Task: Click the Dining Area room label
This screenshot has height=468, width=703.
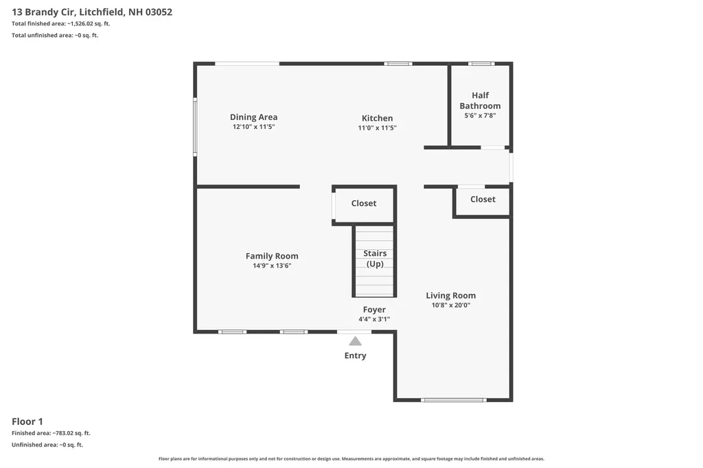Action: (x=254, y=117)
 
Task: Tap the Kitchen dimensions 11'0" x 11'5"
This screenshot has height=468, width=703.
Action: (x=377, y=128)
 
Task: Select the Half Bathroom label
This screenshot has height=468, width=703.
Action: (x=480, y=100)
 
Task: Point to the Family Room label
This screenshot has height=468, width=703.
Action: (x=272, y=256)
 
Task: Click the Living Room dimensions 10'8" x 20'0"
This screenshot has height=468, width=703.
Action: (x=450, y=305)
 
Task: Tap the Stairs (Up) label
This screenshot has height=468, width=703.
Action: (x=375, y=259)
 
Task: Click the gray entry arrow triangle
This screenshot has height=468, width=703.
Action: (x=355, y=341)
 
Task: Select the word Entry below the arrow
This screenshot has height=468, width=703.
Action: (x=355, y=355)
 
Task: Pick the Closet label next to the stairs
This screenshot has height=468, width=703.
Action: (x=364, y=203)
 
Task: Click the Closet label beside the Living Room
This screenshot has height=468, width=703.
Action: (x=483, y=199)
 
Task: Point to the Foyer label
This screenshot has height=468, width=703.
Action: (x=374, y=309)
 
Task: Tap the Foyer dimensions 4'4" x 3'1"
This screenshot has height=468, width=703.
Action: (x=374, y=319)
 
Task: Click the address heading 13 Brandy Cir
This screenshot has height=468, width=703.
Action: (x=92, y=12)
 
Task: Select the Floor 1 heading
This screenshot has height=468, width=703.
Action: (x=27, y=421)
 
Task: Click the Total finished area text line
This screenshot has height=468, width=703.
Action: (x=61, y=24)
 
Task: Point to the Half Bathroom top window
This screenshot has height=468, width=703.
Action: (x=481, y=64)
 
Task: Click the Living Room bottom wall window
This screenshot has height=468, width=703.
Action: (x=453, y=400)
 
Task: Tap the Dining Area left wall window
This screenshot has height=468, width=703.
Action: (x=195, y=127)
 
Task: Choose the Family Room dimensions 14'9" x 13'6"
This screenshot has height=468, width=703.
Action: (x=272, y=266)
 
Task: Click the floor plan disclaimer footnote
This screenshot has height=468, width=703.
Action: (x=351, y=458)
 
